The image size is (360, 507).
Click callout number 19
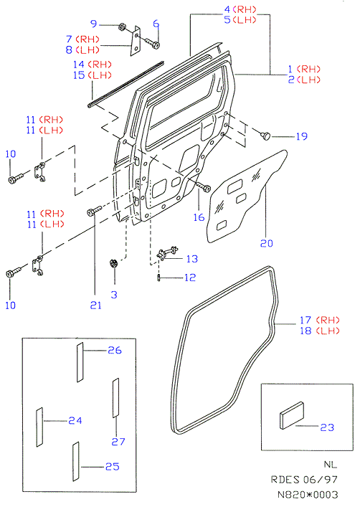coord(301,136)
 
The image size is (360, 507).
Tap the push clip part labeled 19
coord(265,135)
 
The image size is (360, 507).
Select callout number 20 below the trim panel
coord(267,243)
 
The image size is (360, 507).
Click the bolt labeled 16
coord(203,186)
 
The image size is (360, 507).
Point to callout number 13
coord(191,259)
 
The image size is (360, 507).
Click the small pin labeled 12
coord(158,278)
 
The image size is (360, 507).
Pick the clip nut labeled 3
coord(113,263)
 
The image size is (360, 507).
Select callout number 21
coord(96,305)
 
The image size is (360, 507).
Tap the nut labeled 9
coord(122,27)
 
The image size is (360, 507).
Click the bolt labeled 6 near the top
coord(152,43)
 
